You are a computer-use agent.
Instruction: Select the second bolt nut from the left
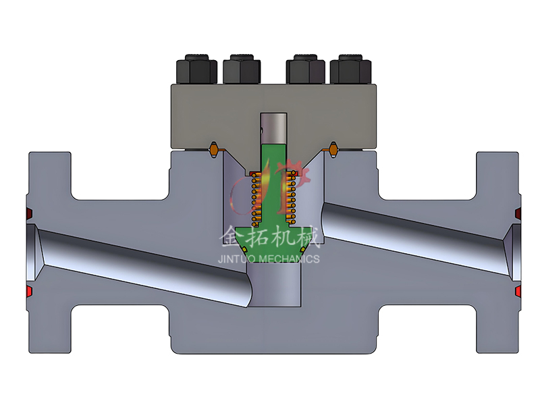coord(241,68)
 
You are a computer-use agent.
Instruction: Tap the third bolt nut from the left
coord(306,68)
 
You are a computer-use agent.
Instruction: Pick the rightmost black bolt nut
coord(350,68)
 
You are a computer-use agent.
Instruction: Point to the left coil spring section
coord(255,199)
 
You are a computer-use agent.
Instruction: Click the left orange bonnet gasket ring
coord(214,148)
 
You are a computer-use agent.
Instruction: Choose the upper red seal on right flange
coord(517,214)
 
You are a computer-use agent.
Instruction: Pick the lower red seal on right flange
coord(517,291)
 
